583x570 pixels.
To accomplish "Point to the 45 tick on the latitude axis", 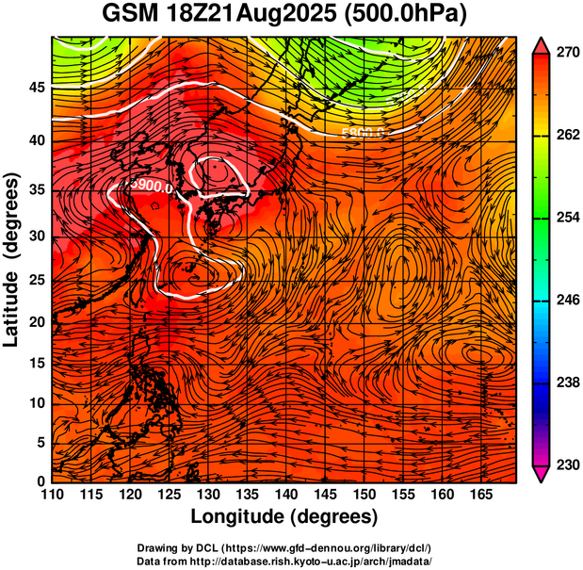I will (37, 87).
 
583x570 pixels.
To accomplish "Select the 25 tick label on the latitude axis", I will (37, 280).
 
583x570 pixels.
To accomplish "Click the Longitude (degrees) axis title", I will (284, 517).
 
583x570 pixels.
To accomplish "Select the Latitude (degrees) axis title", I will (13, 259).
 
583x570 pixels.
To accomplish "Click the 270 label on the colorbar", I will (564, 54).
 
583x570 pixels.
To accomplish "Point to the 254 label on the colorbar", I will (564, 218).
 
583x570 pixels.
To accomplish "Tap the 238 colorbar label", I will (564, 383).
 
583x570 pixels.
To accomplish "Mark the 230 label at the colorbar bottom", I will (564, 464).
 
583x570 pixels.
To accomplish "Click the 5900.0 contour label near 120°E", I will (152, 186).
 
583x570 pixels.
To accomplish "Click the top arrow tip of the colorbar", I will (542, 43).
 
